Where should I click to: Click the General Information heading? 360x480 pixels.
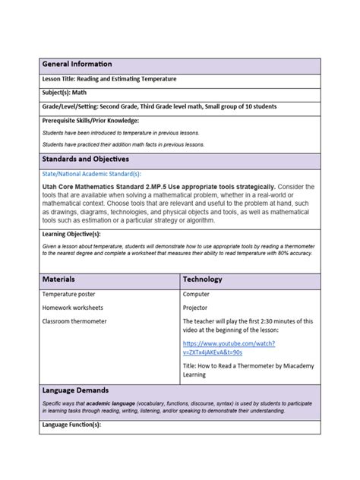77,64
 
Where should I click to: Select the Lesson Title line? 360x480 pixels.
111,80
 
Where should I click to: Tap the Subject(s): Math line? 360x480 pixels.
65,93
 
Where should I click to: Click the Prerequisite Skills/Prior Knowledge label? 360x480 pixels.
90,120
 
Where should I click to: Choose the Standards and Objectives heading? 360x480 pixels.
85,159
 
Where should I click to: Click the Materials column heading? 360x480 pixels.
58,279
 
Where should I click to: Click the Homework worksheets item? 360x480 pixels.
73,308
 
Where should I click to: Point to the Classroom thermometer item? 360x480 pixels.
74,321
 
